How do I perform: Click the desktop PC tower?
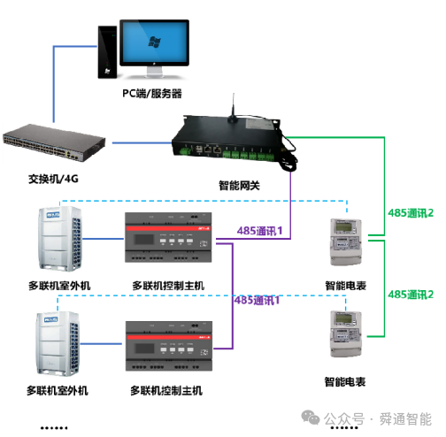(x=107, y=52)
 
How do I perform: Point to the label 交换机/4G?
(x=54, y=180)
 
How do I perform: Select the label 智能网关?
(x=241, y=186)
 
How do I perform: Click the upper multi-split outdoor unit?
(x=57, y=238)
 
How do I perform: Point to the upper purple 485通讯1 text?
(x=259, y=231)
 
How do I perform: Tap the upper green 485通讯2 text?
(x=411, y=213)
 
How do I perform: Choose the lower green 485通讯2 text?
(x=411, y=293)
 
